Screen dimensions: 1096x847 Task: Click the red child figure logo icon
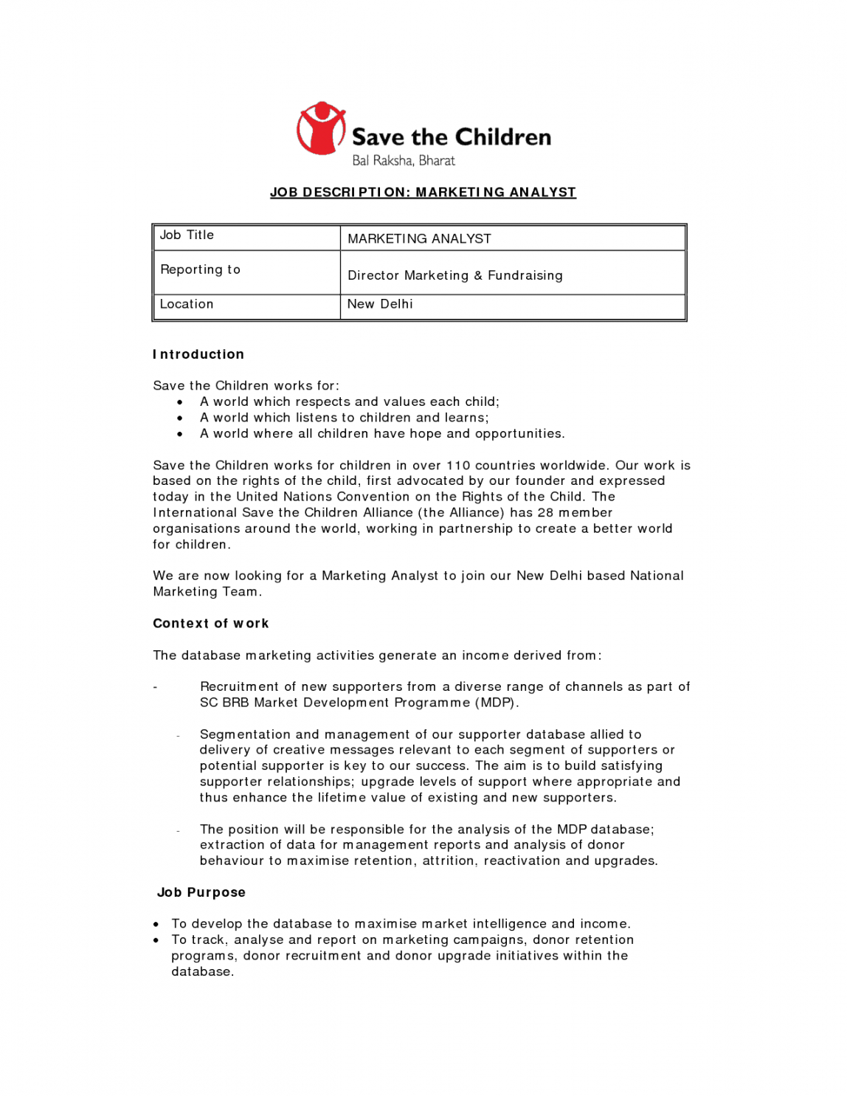click(321, 128)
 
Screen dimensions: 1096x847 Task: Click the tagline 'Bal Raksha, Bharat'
click(403, 160)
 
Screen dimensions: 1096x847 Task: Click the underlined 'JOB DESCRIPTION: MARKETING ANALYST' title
click(423, 193)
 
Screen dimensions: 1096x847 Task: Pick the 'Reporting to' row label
click(200, 269)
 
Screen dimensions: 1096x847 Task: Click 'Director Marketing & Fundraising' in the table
click(454, 275)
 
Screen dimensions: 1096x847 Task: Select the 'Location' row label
click(187, 304)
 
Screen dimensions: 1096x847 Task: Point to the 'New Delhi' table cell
click(380, 304)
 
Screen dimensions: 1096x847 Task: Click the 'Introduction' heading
click(198, 354)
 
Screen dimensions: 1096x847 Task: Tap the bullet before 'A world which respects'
click(180, 402)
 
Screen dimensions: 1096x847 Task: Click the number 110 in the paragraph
click(457, 465)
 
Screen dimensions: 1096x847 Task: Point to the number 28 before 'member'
click(544, 512)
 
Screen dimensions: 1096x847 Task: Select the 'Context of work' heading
click(210, 624)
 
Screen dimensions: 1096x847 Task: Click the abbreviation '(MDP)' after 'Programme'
click(496, 703)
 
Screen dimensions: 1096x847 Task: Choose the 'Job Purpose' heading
click(201, 892)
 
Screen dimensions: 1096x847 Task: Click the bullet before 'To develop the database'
click(156, 924)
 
